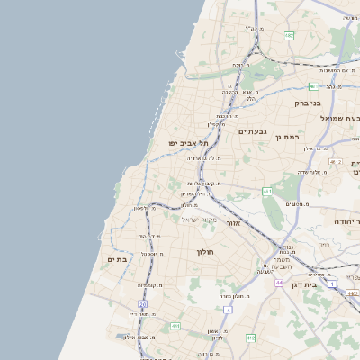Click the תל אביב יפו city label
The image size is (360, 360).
189,142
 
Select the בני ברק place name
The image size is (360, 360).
308,103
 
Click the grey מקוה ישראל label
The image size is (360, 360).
199,220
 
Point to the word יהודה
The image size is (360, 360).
346,220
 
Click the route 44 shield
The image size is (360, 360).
280,282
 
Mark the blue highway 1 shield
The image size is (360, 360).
332,283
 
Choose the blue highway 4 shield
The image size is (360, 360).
229,310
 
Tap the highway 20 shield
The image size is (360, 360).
142,304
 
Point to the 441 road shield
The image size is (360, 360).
176,326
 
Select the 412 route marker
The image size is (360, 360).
250,337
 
